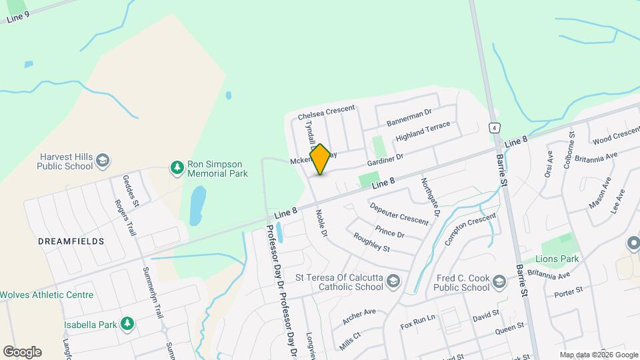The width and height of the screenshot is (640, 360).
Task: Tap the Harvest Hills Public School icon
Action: pos(103,160)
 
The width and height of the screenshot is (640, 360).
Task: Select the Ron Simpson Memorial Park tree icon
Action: pos(177,167)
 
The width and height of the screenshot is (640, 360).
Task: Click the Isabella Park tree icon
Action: pos(127,324)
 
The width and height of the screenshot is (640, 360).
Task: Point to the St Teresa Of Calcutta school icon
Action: pos(393,281)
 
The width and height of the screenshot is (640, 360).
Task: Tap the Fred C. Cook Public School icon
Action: pos(498,285)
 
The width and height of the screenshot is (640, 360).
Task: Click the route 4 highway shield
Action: pos(494,128)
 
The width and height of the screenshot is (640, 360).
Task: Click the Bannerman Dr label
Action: pos(409,118)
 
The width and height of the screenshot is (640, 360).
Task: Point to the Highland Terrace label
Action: pos(423,131)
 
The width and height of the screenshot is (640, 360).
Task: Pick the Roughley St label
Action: pos(371,243)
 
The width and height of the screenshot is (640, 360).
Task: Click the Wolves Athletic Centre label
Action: pos(46,295)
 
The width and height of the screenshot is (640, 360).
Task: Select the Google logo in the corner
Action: pos(22,351)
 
